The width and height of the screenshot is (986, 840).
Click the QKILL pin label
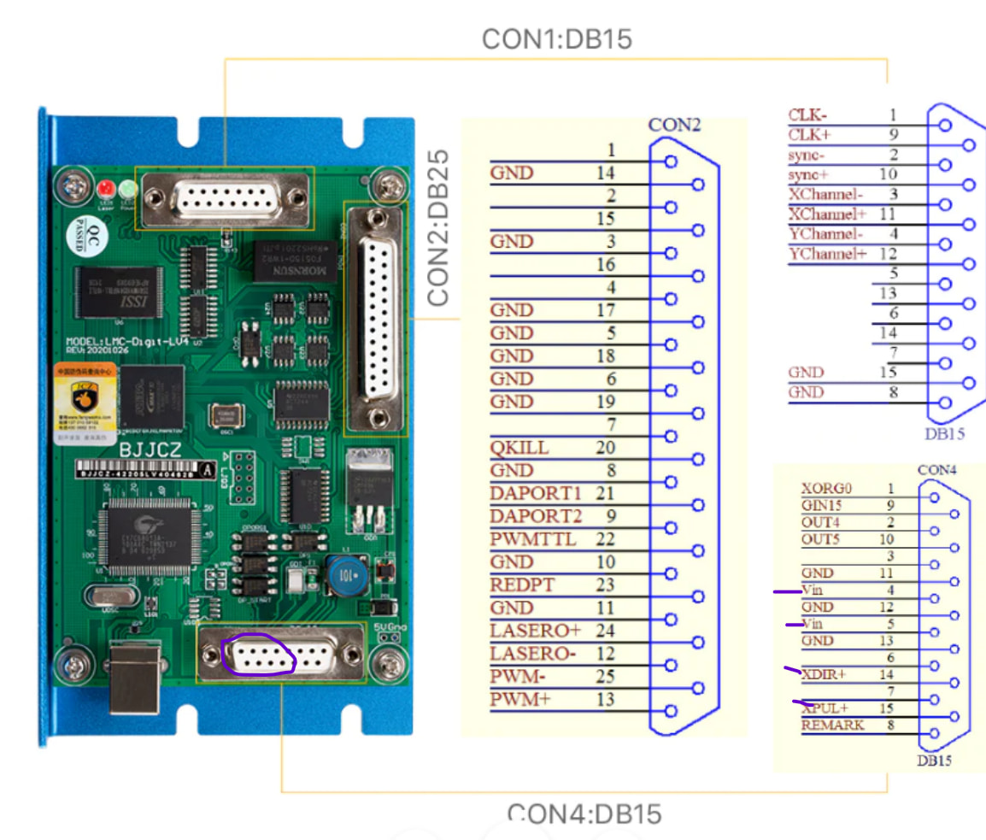click(519, 448)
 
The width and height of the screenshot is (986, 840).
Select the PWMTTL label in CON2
click(532, 539)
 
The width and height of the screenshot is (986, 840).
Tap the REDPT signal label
click(522, 584)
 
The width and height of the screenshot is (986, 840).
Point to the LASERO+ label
click(535, 631)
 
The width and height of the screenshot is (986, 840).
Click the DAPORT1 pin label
click(535, 494)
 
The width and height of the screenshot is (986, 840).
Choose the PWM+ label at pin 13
click(519, 700)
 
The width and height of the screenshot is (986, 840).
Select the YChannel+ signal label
click(827, 254)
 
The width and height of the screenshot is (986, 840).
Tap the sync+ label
click(808, 174)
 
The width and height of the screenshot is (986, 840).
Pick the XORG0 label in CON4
click(826, 489)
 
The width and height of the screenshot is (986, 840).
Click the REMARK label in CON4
click(832, 725)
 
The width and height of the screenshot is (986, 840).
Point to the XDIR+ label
click(824, 674)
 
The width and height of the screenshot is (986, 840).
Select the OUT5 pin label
click(821, 539)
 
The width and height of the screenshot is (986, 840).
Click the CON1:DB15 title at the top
click(556, 38)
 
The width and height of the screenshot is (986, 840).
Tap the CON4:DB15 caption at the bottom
click(584, 814)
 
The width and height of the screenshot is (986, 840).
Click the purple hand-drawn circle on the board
click(257, 657)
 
